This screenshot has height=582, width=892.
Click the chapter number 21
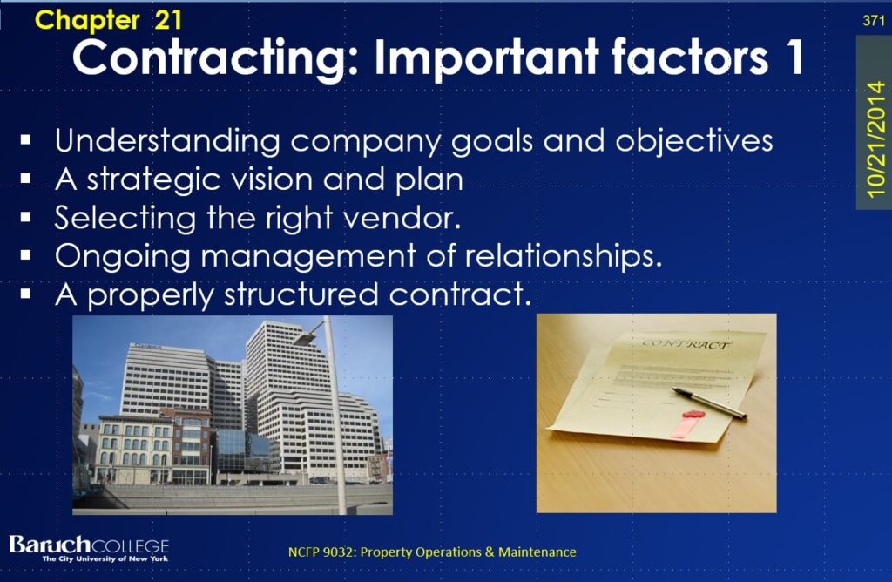click(168, 20)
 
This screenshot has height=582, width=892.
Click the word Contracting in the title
click(216, 58)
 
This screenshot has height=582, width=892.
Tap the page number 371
click(873, 21)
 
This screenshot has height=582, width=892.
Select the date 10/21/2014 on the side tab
click(875, 139)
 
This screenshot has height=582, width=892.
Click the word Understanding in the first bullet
click(167, 140)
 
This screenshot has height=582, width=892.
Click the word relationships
click(564, 255)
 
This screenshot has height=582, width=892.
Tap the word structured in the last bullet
click(301, 294)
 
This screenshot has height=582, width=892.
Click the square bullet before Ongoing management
click(25, 255)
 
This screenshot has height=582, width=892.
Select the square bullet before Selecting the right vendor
click(25, 217)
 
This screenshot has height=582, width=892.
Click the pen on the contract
click(709, 403)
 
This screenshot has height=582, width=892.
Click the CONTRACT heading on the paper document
click(686, 343)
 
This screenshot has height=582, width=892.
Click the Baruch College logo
click(90, 548)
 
